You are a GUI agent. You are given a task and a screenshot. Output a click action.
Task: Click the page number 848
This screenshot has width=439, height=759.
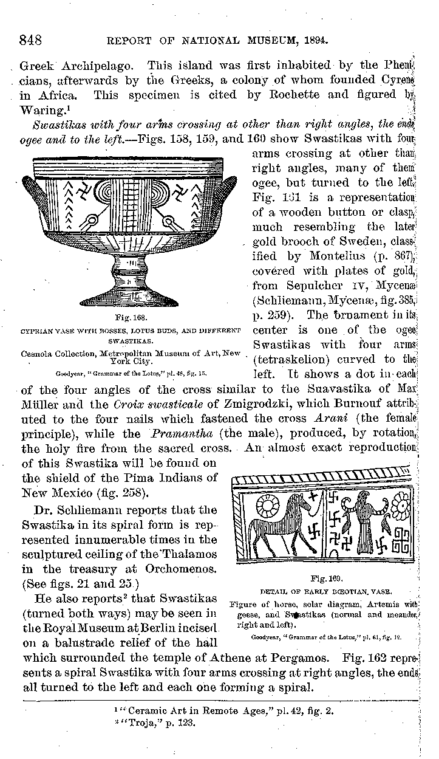[x=30, y=41]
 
